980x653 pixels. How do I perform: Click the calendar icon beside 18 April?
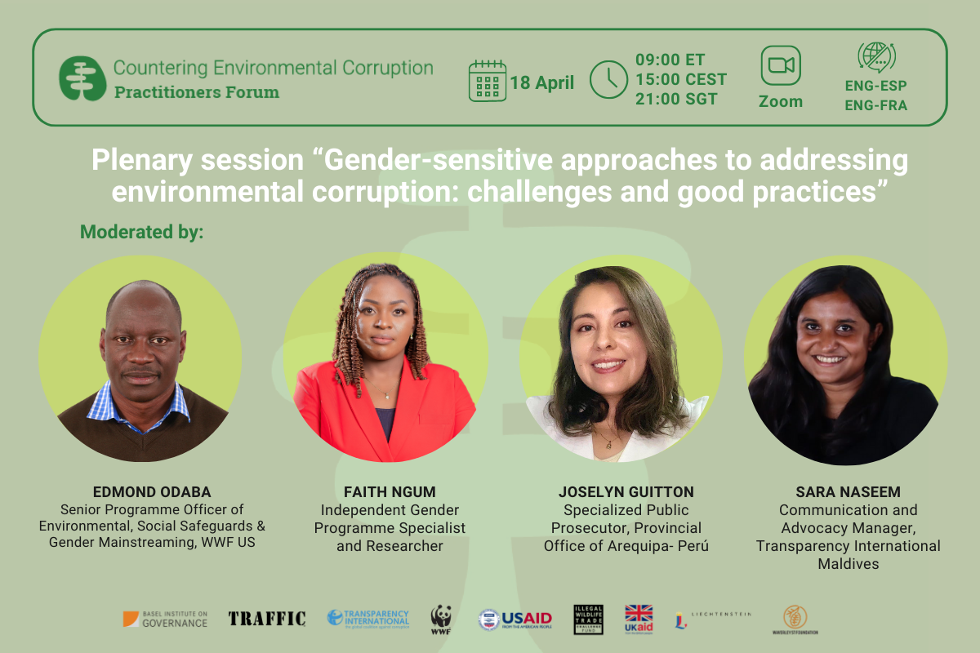488,81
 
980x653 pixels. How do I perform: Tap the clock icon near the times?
608,80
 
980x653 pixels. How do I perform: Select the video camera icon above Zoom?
780,66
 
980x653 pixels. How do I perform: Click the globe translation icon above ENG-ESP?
875,57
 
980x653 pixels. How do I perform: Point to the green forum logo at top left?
82,78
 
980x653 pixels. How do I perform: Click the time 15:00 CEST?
680,80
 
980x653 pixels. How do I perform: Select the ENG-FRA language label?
875,104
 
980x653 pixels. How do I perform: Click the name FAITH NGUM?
390,492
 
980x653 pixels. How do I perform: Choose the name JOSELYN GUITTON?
626,492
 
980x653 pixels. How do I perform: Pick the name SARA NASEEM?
848,493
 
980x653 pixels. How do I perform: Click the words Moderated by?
141,233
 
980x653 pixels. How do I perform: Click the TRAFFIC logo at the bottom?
267,619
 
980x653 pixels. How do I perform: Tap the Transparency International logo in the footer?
367,618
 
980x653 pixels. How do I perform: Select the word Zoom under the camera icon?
780,102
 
